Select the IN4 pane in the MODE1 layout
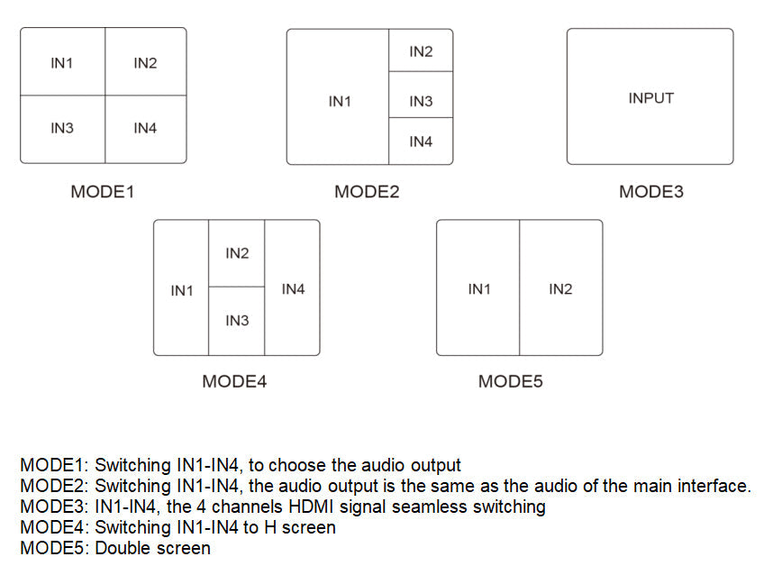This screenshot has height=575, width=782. pos(145,129)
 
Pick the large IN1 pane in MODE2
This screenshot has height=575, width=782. pos(339,101)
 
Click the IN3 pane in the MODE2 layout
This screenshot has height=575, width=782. pos(421,101)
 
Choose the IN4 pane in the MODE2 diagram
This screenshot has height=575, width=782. pos(421,141)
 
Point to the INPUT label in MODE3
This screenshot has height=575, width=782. pos(650,97)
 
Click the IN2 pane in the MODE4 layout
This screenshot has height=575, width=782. pos(237,253)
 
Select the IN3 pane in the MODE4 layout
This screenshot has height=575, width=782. pos(237,321)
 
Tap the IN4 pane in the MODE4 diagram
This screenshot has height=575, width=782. pos(293,288)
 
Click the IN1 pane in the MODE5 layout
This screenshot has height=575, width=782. pos(478,288)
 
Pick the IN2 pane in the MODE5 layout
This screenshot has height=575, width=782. pos(560,288)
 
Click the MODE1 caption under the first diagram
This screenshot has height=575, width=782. pos(103,191)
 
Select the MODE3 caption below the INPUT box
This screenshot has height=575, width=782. pos(650,191)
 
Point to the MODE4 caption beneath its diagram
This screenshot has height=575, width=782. pos(234,381)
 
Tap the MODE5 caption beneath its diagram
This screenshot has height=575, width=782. pos(510,381)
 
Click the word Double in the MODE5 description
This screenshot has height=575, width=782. pos(124,548)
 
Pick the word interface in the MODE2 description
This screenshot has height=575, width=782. pos(713,486)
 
